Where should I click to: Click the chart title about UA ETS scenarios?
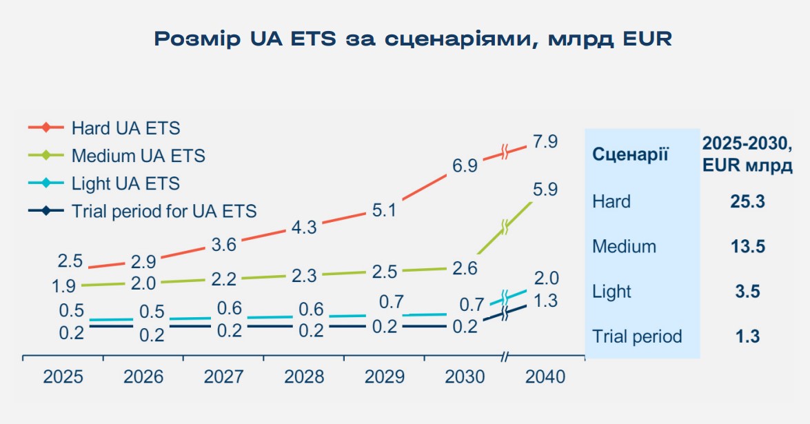pyautogui.click(x=412, y=39)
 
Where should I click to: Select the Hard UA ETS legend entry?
pyautogui.click(x=125, y=128)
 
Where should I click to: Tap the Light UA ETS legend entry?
pyautogui.click(x=125, y=183)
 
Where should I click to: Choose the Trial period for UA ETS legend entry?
pyautogui.click(x=163, y=211)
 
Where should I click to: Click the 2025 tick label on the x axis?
pyautogui.click(x=63, y=377)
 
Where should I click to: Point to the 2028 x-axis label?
pyautogui.click(x=304, y=377)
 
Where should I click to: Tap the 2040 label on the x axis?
pyautogui.click(x=545, y=377)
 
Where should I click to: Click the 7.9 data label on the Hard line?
pyautogui.click(x=544, y=143)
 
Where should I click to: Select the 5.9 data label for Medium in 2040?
pyautogui.click(x=544, y=190)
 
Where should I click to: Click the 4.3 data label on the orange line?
pyautogui.click(x=303, y=227)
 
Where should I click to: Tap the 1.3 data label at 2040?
pyautogui.click(x=544, y=301)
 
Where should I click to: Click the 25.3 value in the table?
pyautogui.click(x=747, y=202)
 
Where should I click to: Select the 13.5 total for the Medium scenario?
pyautogui.click(x=747, y=247)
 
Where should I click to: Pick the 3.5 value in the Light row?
pyautogui.click(x=747, y=292)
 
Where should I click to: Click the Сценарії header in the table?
pyautogui.click(x=630, y=154)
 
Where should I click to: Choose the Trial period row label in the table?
pyautogui.click(x=637, y=336)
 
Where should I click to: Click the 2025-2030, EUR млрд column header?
pyautogui.click(x=747, y=154)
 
